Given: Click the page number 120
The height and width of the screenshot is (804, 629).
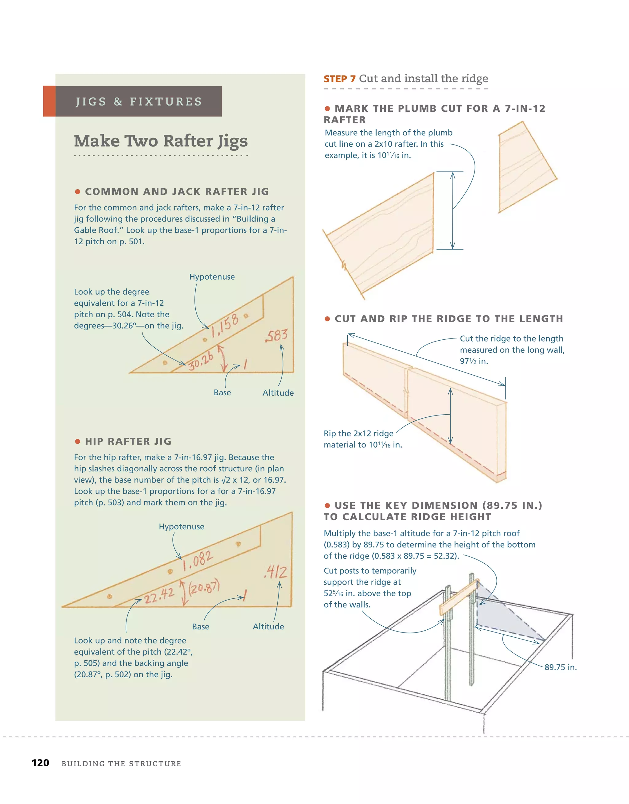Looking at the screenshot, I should (x=40, y=763).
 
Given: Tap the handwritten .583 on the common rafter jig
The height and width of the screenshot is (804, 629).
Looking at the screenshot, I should (x=276, y=335).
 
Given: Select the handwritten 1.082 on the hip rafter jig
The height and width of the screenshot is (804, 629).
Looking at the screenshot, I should (x=198, y=560).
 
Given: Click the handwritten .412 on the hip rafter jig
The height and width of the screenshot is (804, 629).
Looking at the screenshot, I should (x=275, y=572).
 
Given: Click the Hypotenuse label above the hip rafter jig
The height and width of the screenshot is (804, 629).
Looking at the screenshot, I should (x=181, y=526).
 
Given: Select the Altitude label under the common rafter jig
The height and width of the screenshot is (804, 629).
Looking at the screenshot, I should (x=278, y=393).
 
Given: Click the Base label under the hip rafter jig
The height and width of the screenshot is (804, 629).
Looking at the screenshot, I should (x=201, y=627).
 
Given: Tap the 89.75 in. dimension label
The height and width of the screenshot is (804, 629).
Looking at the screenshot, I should (x=561, y=667).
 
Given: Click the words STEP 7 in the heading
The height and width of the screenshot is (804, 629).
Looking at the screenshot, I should (x=339, y=79).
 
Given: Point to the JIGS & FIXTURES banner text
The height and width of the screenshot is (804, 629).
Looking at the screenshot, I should (x=139, y=102).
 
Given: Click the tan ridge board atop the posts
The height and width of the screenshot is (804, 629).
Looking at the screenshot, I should (x=459, y=598).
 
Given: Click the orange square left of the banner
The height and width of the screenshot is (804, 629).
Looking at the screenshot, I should (x=49, y=101).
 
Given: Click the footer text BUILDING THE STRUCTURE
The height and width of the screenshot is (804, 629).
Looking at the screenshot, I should (x=121, y=763).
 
